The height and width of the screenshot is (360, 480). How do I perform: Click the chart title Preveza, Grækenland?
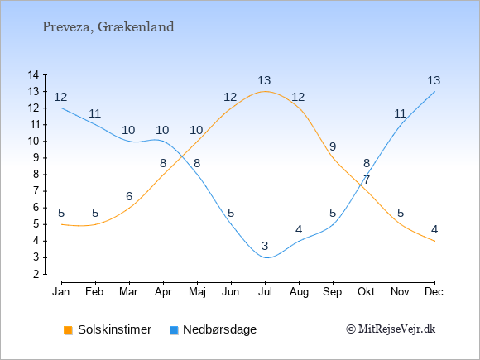point(108,27)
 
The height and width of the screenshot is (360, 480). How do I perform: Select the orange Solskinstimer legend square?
point(68,330)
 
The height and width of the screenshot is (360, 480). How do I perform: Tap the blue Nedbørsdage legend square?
point(174,330)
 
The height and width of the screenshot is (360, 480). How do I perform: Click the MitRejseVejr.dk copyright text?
point(391,329)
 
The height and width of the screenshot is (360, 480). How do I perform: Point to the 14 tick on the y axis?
point(33,74)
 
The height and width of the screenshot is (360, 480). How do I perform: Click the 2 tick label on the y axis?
point(36,274)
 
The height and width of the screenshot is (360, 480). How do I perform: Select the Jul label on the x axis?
point(265,292)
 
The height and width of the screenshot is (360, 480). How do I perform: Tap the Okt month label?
point(366,292)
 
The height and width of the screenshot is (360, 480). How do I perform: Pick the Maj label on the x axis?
point(197,292)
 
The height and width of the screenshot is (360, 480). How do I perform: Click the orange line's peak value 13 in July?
point(264,81)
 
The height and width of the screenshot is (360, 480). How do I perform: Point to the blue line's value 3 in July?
point(265,246)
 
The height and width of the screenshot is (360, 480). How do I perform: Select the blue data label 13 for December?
point(434,81)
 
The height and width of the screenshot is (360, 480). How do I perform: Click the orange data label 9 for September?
point(333,147)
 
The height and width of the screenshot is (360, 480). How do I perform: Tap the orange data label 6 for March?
point(129,196)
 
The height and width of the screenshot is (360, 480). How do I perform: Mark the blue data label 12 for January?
point(60,98)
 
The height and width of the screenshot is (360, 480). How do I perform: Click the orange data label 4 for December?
point(434,229)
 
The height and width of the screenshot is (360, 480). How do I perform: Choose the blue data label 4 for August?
point(299,229)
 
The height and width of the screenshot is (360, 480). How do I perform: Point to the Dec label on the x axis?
point(434,292)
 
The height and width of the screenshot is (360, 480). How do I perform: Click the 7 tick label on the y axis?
point(36,191)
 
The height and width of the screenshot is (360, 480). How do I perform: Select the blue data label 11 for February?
point(94,114)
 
